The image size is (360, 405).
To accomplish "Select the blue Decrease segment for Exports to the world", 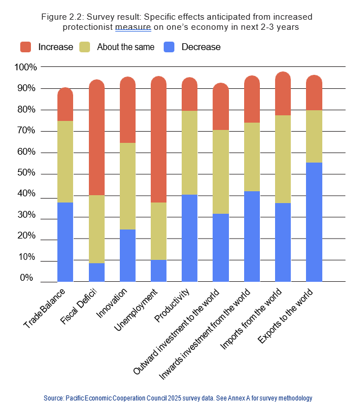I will point(314,222).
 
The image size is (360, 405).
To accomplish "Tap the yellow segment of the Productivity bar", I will point(190,152).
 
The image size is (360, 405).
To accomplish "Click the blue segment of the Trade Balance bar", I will point(65,242).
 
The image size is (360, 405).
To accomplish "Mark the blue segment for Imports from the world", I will point(283,242).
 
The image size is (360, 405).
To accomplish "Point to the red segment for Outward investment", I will point(220,107).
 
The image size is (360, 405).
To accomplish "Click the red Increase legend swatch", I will point(26,47).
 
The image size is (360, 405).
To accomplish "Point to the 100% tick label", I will point(25,67).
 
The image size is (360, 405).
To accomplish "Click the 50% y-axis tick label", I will point(28,173).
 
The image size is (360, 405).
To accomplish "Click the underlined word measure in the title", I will point(130,26).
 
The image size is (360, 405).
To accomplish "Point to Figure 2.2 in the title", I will point(62,16).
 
